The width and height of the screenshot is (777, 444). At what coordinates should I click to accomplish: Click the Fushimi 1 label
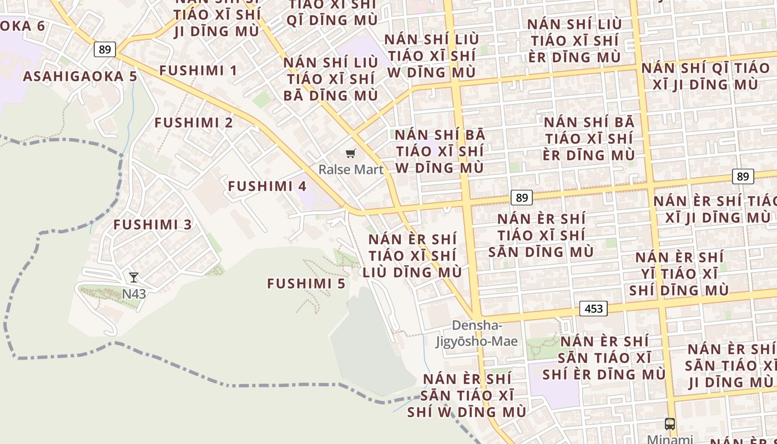point(198,70)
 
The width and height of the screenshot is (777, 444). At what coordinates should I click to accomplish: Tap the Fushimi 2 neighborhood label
point(194,123)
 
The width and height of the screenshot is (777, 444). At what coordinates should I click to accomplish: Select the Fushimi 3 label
point(153,225)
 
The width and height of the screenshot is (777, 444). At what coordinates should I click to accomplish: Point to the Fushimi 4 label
point(267,186)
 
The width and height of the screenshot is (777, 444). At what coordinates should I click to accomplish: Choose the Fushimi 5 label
point(306,284)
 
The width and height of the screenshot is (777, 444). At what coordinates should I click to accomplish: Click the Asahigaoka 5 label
point(80,76)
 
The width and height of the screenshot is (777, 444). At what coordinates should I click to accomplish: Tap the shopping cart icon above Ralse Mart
point(350,154)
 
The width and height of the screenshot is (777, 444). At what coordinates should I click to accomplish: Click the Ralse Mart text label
point(351,170)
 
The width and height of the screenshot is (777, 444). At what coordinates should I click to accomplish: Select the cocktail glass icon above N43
point(134,277)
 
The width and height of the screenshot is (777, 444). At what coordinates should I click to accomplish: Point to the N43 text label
point(134,294)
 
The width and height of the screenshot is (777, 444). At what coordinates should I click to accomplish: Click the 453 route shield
point(593,309)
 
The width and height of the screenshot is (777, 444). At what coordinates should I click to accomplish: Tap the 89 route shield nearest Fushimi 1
point(104,49)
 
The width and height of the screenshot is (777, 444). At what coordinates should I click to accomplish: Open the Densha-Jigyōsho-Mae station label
point(477,334)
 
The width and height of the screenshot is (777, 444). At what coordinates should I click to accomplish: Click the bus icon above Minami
point(670,424)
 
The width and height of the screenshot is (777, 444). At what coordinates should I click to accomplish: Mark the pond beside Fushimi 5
point(369,344)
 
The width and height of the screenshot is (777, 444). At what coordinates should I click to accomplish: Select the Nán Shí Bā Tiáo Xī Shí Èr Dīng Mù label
point(588,139)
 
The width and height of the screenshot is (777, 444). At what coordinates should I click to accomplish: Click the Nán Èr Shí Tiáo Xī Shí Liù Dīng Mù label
point(412,256)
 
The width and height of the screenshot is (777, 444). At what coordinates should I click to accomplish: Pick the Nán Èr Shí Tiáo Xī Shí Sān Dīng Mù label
point(541,235)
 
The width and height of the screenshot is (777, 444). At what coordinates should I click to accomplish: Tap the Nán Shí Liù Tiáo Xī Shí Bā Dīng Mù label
point(331,79)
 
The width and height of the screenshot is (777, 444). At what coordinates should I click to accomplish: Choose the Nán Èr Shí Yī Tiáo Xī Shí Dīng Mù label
point(679,274)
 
